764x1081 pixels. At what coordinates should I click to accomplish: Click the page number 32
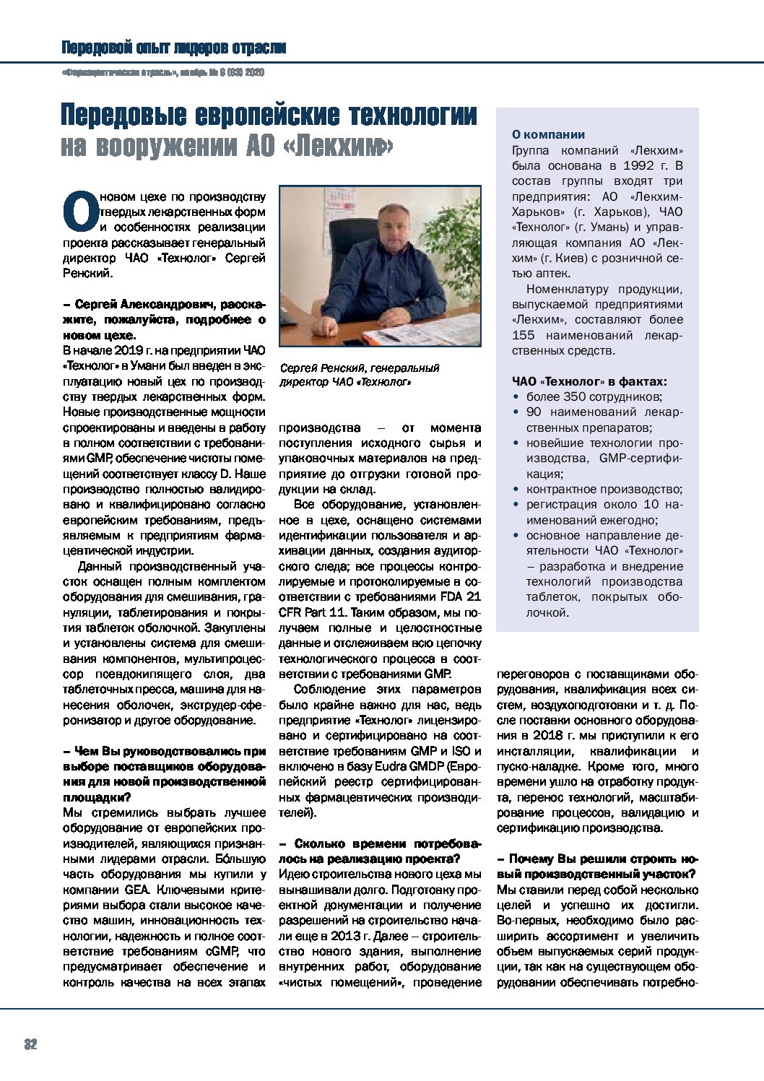pos(30,1044)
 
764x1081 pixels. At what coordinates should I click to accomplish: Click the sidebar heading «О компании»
pos(548,134)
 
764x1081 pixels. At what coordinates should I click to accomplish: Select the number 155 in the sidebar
pos(524,335)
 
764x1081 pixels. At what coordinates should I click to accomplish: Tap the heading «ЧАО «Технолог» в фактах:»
pos(589,381)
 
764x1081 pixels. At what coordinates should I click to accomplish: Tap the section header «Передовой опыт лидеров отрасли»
pos(173,48)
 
